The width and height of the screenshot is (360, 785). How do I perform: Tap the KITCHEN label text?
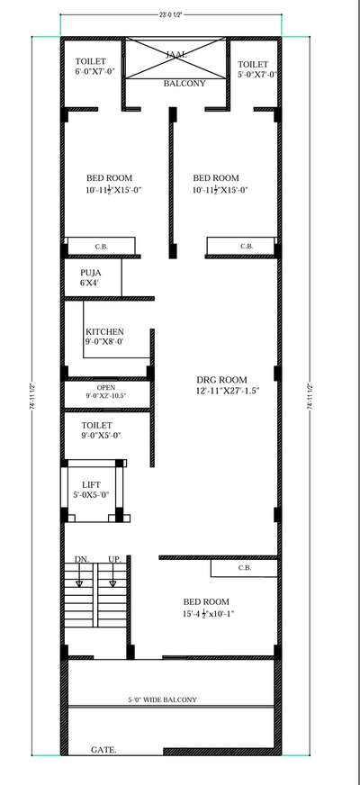tap(104, 331)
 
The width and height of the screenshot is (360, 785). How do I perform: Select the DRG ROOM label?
tap(220, 379)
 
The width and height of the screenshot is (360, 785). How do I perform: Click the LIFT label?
tap(91, 483)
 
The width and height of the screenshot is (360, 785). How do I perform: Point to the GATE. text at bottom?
tap(103, 749)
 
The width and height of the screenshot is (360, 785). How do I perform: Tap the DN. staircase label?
tap(80, 559)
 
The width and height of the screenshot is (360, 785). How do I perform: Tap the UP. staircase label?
tap(114, 559)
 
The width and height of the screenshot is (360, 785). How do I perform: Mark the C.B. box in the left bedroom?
tap(100, 246)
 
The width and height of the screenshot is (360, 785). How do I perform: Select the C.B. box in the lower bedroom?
tap(244, 569)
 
